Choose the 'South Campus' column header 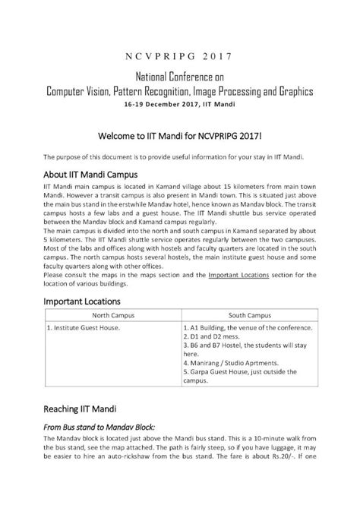pos(251,314)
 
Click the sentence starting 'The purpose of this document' pos(174,156)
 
